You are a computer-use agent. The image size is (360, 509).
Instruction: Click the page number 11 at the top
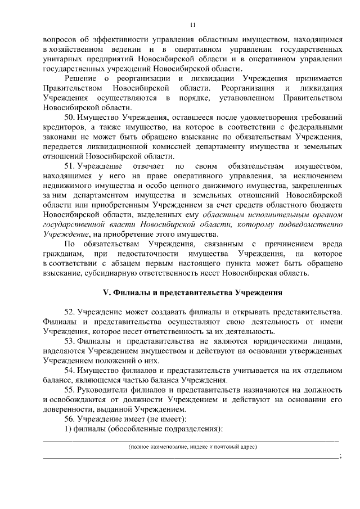(193, 25)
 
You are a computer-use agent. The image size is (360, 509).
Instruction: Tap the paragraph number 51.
(70, 166)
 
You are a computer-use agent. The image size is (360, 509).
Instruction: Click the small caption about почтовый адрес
(192, 447)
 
